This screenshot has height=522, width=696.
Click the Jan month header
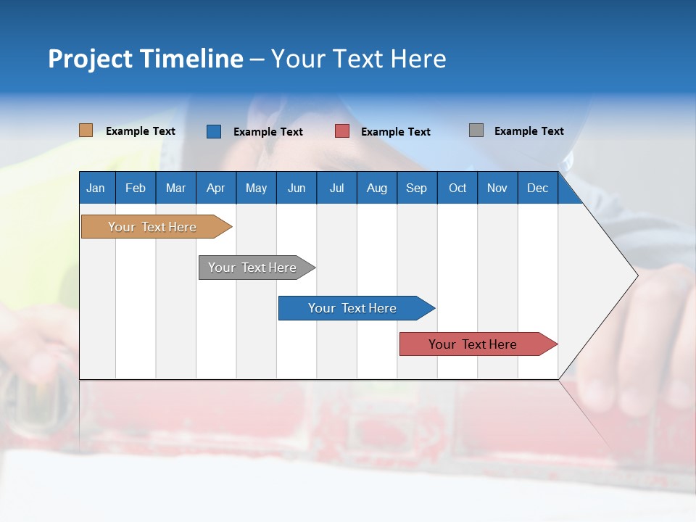coord(96,188)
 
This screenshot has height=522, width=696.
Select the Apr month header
coord(215,188)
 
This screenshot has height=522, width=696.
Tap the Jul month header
coord(336,188)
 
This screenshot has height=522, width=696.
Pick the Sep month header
coord(416,188)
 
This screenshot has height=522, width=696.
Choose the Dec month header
coord(537,188)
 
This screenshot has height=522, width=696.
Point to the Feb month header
coord(136,188)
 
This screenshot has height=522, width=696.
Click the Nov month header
coord(497,188)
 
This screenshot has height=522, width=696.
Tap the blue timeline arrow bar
coord(353,308)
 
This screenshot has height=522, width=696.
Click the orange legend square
coord(86,130)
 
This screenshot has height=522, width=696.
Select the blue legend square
coord(214,131)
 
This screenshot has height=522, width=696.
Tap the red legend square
coord(342,131)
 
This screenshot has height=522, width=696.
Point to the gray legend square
coord(476,130)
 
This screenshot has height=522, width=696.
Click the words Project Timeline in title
coord(145,59)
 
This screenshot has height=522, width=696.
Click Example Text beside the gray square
coord(529,131)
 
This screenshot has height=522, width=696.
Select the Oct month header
coord(457,188)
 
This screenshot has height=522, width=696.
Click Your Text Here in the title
coord(358,59)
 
